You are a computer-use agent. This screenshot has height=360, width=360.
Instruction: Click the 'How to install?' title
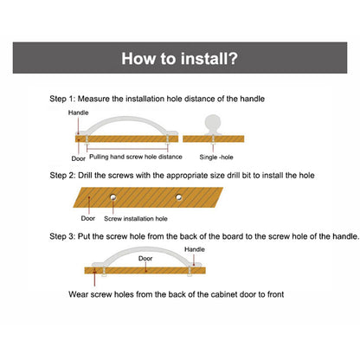pyautogui.click(x=179, y=59)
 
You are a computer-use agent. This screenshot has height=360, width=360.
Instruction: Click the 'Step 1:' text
pyautogui.click(x=62, y=99)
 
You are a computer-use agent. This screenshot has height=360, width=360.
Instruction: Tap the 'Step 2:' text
pyautogui.click(x=62, y=176)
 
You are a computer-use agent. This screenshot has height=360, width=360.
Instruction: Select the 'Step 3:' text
pyautogui.click(x=62, y=236)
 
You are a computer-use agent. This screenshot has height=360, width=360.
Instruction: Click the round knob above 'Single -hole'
pyautogui.click(x=213, y=124)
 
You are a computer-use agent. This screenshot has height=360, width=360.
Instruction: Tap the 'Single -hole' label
pyautogui.click(x=216, y=157)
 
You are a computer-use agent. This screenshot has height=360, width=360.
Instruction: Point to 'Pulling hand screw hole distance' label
pyautogui.click(x=136, y=157)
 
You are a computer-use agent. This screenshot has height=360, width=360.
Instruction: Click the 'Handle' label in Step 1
pyautogui.click(x=78, y=112)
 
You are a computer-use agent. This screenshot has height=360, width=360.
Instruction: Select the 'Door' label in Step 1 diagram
pyautogui.click(x=79, y=158)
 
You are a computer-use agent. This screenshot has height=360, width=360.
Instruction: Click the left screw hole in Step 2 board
pyautogui.click(x=113, y=197)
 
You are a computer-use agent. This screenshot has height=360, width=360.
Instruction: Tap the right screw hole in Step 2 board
pyautogui.click(x=179, y=197)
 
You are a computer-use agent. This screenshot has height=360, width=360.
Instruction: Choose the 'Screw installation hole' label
pyautogui.click(x=136, y=219)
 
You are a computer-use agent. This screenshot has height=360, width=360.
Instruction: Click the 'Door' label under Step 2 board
pyautogui.click(x=88, y=218)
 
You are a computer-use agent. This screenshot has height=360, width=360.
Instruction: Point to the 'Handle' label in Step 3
pyautogui.click(x=195, y=249)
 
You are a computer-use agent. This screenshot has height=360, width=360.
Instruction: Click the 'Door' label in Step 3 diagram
pyautogui.click(x=145, y=259)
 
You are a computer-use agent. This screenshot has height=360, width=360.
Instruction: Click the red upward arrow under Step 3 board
pyautogui.click(x=94, y=277)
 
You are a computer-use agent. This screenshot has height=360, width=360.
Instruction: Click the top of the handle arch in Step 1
pyautogui.click(x=126, y=118)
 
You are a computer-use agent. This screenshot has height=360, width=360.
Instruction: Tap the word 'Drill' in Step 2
pyautogui.click(x=85, y=176)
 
